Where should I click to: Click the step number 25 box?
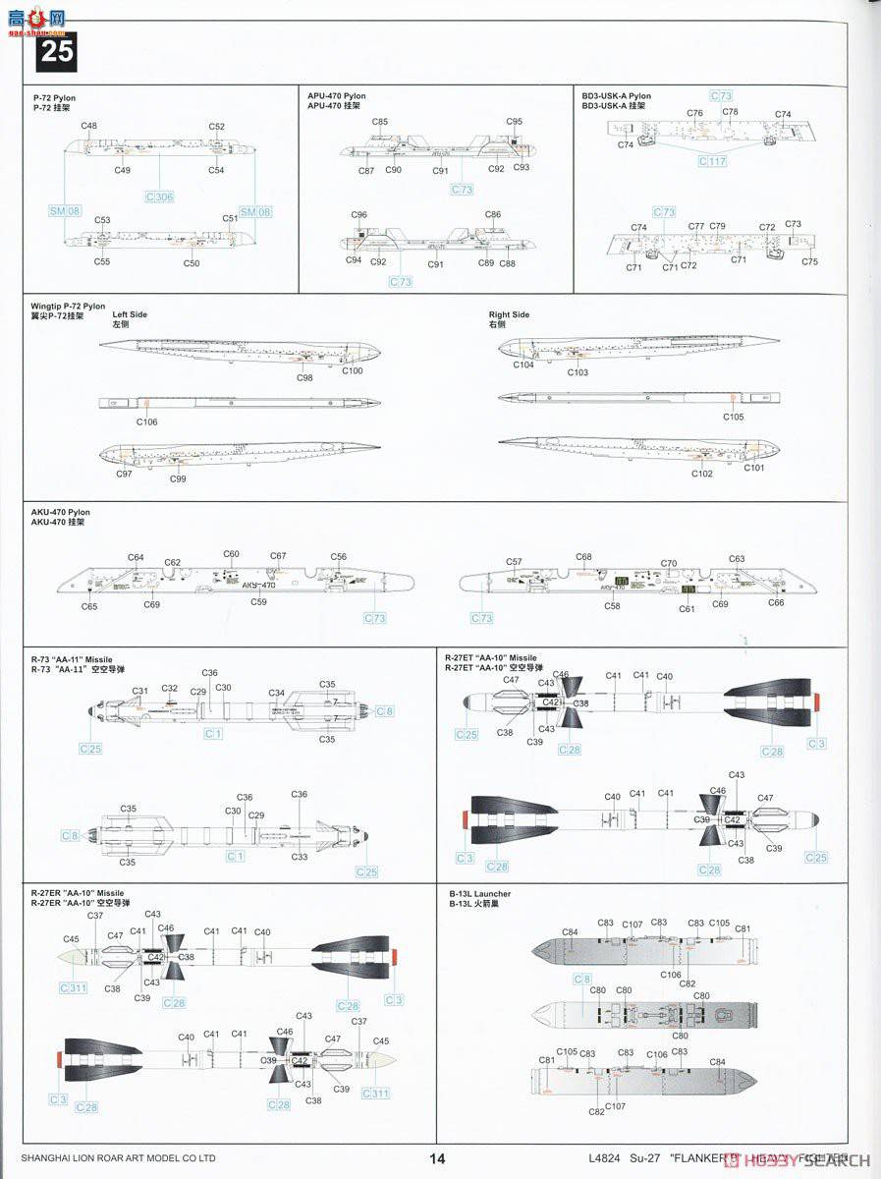[56, 51]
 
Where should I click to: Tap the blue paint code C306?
[158, 196]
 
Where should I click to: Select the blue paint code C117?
[713, 160]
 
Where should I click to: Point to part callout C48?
[89, 126]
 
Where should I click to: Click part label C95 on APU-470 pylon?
[515, 122]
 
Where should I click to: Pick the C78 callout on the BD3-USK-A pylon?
[730, 112]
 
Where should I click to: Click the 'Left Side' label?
[130, 314]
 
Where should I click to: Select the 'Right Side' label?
[509, 314]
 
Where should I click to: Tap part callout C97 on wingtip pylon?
[124, 474]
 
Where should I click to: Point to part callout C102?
[702, 474]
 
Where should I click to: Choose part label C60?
[231, 554]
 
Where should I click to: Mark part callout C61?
[687, 608]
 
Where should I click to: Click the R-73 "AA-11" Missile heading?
[78, 658]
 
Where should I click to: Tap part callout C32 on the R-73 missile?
[169, 689]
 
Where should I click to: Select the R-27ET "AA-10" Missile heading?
[491, 658]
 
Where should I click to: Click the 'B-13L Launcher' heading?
[477, 894]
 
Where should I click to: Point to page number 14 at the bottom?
[438, 1158]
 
